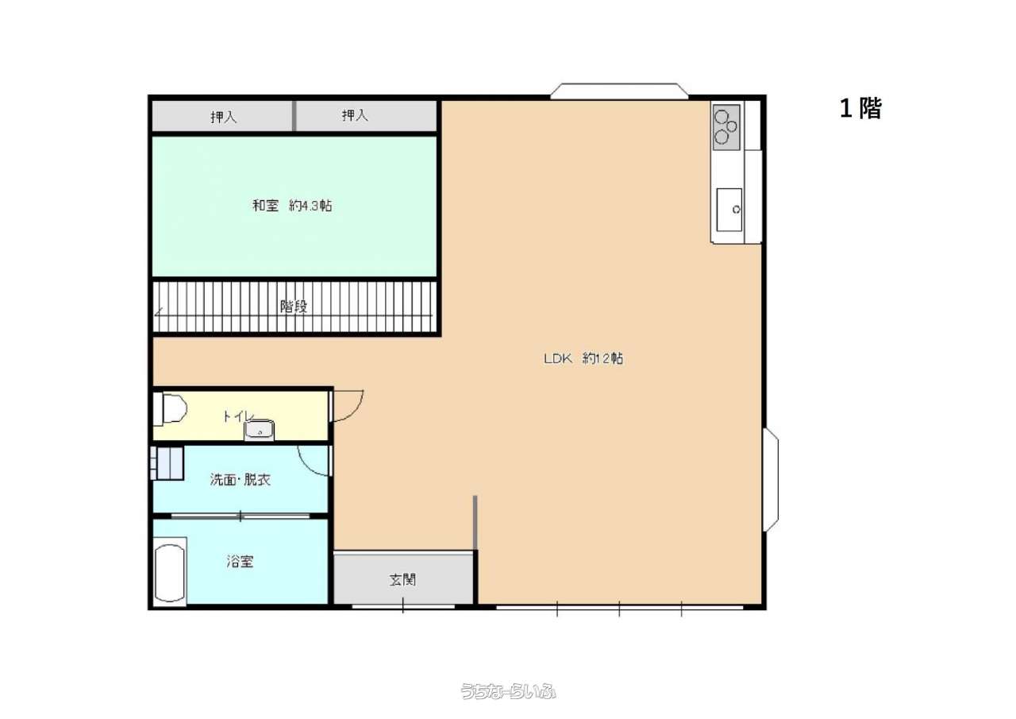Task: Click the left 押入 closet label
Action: pos(223,117)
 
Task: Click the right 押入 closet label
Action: pos(355,115)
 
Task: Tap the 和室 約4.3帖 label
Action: pos(292,206)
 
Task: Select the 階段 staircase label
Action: pos(294,307)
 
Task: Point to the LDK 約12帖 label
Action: pos(583,358)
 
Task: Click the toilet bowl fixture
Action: pos(170,410)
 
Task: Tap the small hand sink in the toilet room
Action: pos(259,430)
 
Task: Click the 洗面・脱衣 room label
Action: pos(240,480)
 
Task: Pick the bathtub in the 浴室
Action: pos(170,572)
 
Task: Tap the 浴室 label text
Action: pos(240,562)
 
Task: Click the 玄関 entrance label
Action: pos(402,580)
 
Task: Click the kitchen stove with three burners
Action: pos(726,128)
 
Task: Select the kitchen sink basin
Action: pos(729,210)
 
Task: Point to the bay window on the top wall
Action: pos(619,91)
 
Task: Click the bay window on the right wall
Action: pos(772,479)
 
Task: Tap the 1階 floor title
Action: pos(860,110)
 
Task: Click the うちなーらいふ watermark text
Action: pos(508,692)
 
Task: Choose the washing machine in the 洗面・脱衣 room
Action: pos(167,463)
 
